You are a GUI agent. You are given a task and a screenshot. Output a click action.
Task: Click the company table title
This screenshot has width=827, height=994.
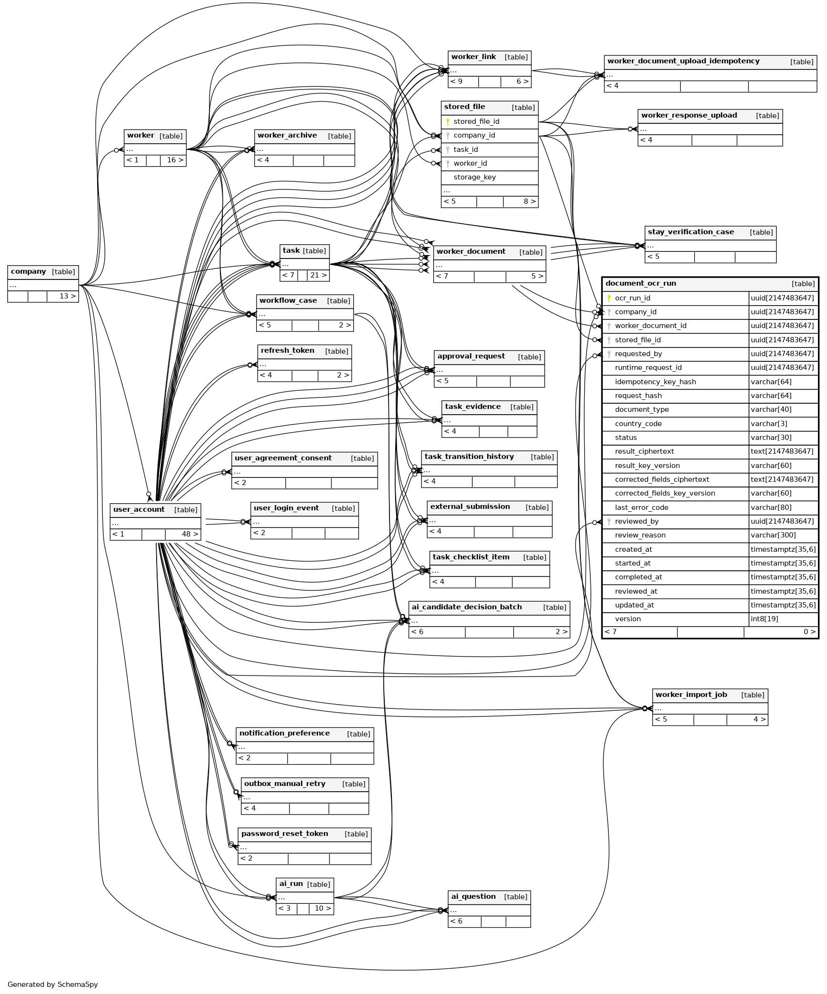coord(29,272)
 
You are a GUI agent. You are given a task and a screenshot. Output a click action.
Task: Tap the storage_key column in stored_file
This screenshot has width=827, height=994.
coord(475,177)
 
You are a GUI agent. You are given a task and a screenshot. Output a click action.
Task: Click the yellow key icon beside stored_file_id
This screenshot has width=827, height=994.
coord(448,122)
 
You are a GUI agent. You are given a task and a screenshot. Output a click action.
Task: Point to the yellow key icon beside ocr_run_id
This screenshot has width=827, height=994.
coord(609,298)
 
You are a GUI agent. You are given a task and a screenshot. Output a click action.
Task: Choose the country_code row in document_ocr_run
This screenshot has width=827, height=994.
coord(638,424)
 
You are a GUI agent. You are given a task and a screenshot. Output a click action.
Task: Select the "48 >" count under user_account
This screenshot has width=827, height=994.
coord(189,534)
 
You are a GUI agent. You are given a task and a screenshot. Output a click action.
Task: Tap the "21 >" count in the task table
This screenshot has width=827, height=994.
coord(318,275)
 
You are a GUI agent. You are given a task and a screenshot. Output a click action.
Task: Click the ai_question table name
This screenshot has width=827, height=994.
coord(473,897)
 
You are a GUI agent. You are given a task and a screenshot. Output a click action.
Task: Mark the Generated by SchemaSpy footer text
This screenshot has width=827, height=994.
coord(52,984)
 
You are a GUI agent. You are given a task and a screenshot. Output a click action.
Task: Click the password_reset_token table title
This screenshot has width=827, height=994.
coord(285,834)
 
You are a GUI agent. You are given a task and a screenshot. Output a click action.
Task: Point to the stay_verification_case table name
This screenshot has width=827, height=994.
coord(690,232)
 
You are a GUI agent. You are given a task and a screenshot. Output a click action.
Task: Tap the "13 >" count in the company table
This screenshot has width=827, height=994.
coord(67,296)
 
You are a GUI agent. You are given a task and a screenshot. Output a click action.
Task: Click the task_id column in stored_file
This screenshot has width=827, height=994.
coord(466,149)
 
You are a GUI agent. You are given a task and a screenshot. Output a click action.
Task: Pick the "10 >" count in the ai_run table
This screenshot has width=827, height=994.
coord(323,908)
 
